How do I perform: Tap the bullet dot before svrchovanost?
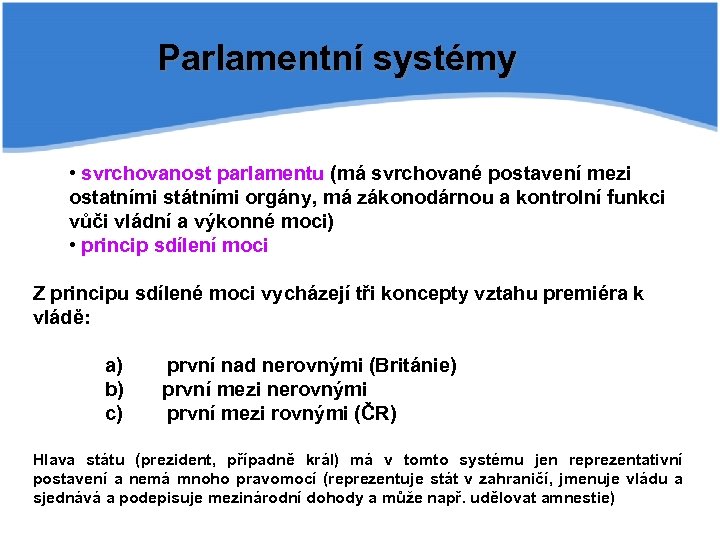click(73, 174)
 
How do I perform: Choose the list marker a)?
click(114, 366)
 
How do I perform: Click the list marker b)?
click(114, 390)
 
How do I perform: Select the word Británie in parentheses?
click(414, 366)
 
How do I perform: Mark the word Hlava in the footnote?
click(54, 461)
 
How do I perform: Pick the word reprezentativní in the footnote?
click(625, 461)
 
